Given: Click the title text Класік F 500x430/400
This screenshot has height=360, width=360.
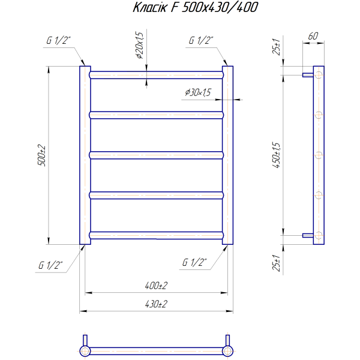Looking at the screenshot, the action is click(196, 7).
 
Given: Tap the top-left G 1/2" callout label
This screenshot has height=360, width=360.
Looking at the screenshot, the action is click(58, 40).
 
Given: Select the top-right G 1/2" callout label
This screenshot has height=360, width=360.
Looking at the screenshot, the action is click(201, 40).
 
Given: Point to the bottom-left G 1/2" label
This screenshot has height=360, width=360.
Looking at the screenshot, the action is click(50, 265).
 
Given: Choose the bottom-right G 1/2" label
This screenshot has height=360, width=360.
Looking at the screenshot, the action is click(194, 262).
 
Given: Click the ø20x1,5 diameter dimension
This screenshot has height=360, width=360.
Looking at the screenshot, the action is click(140, 45).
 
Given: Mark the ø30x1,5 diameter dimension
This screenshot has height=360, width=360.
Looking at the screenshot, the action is click(198, 92).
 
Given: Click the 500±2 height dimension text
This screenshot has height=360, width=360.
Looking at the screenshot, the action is click(42, 155).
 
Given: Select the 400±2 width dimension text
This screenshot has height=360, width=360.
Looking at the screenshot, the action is click(156, 286).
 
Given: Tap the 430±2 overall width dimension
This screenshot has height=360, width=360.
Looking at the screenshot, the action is click(156, 304).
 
